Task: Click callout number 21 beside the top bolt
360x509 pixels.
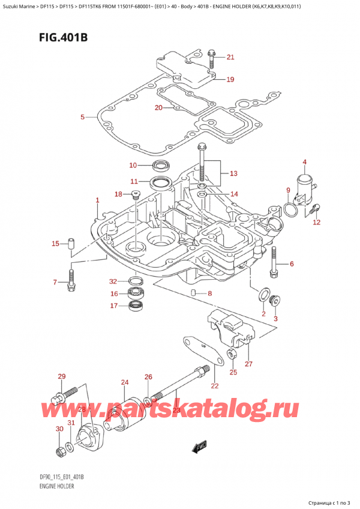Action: [230, 58]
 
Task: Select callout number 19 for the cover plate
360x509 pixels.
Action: [230, 79]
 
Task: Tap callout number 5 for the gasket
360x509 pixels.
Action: [83, 116]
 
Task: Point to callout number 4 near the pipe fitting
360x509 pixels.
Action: [305, 162]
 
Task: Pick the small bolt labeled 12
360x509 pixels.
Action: [317, 209]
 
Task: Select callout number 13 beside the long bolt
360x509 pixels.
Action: [233, 173]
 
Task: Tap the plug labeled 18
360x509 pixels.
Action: [135, 194]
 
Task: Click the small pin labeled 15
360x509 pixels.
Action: [70, 244]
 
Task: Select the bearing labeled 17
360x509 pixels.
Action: [137, 306]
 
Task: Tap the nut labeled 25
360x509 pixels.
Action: [232, 355]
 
